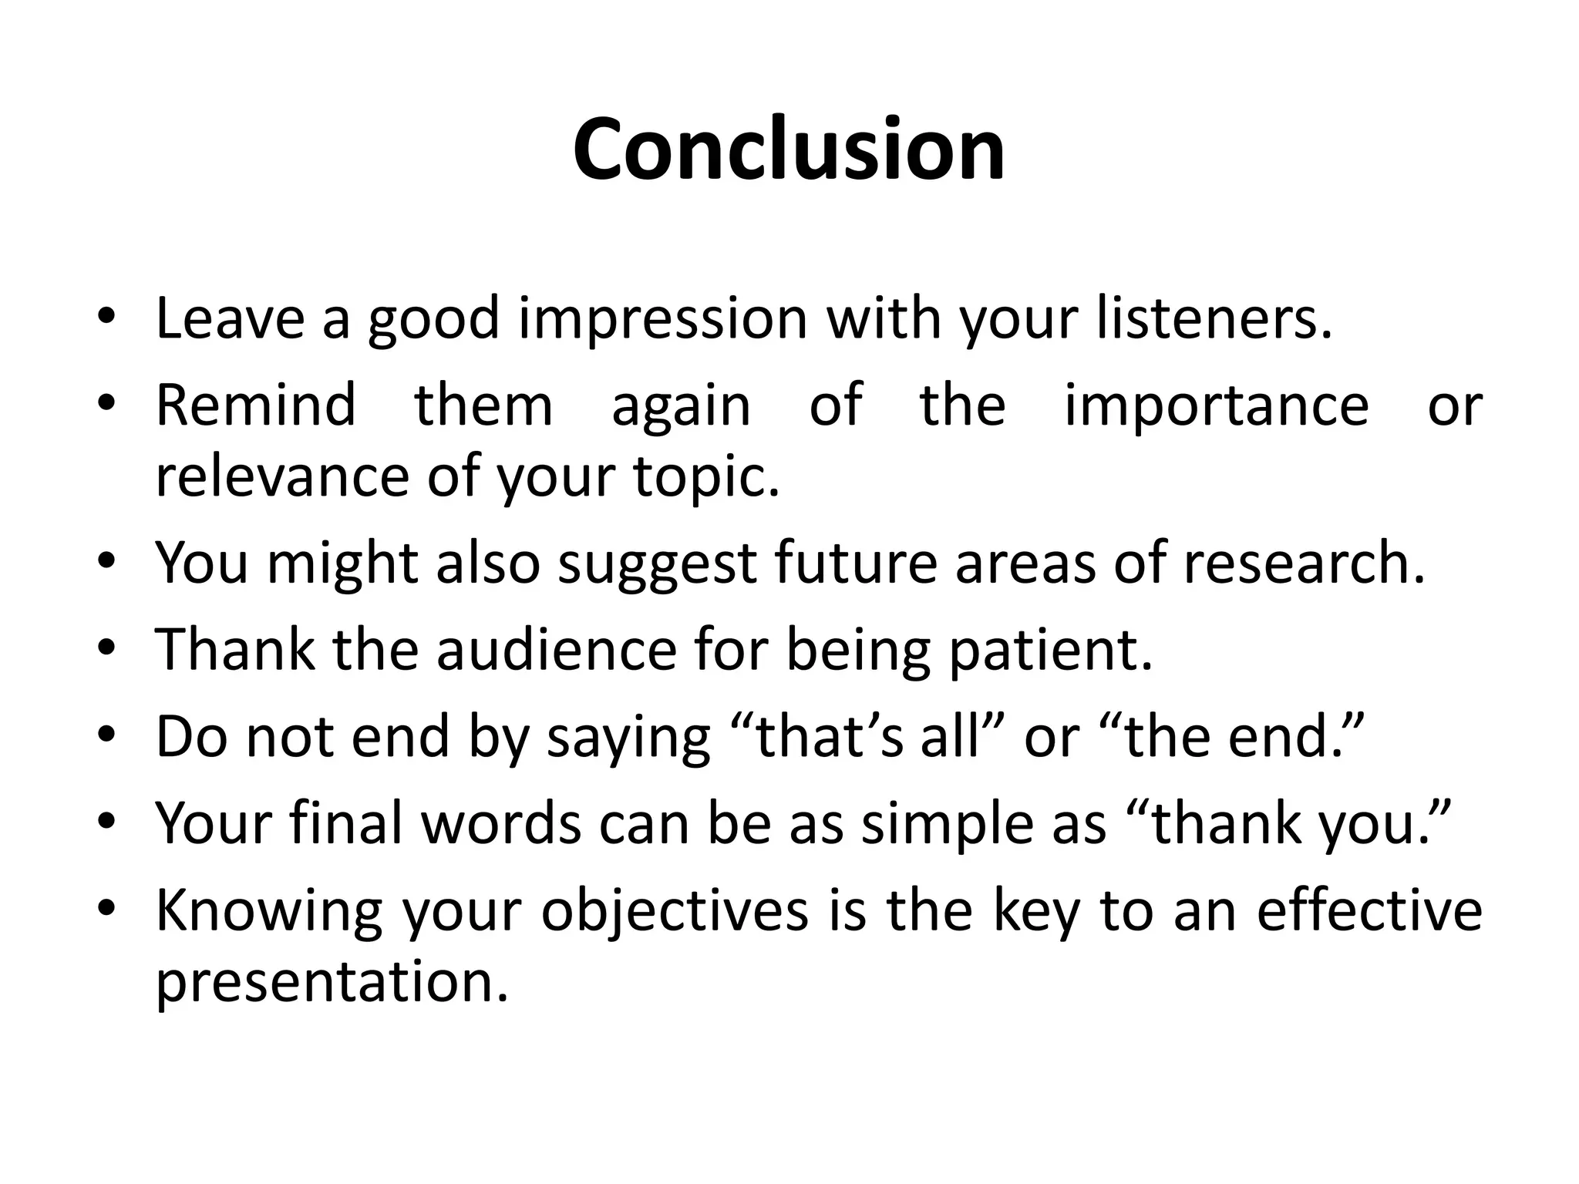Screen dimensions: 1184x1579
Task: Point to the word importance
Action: click(x=1217, y=406)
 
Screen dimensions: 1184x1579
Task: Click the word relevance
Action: click(x=281, y=476)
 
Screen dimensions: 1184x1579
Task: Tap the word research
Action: click(x=1304, y=563)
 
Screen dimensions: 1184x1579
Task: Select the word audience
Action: click(x=556, y=650)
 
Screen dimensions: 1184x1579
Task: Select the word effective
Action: click(x=1369, y=910)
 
